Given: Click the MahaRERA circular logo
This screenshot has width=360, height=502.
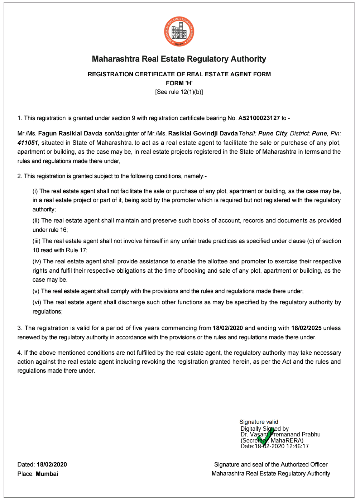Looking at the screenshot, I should [179, 32].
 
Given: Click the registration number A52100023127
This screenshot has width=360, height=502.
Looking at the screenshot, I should [259, 118].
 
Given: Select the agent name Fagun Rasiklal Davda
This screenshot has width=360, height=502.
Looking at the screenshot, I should [70, 133].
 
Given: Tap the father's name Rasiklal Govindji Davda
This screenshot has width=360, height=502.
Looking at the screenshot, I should [203, 133].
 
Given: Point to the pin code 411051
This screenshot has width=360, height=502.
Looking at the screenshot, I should [28, 143].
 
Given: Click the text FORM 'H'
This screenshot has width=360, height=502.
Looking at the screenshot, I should [179, 83].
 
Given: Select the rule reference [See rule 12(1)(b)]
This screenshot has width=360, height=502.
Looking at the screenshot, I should [179, 92].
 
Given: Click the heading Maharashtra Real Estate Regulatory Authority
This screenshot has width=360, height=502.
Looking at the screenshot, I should [179, 59].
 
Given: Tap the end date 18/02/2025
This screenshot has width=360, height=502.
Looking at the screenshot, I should [306, 328].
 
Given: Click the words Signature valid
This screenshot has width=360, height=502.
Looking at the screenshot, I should [259, 422].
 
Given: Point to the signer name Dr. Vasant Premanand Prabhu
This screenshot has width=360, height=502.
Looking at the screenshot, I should [280, 434].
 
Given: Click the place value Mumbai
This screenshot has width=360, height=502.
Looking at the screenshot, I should [47, 474].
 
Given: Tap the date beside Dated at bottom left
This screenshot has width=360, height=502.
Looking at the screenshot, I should [52, 464].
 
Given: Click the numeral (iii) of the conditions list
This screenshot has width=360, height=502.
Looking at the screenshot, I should [37, 241].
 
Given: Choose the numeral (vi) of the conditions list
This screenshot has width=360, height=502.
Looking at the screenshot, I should [37, 302].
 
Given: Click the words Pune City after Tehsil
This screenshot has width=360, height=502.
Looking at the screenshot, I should [273, 133].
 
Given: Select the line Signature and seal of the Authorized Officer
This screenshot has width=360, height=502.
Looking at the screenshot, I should [271, 464].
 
